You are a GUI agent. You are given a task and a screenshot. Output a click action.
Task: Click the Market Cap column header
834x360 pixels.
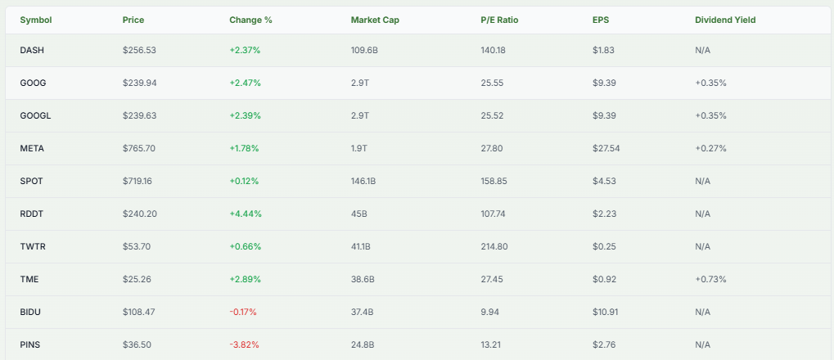point(375,20)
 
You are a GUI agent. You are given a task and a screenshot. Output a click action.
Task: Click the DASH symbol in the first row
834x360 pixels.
point(31,50)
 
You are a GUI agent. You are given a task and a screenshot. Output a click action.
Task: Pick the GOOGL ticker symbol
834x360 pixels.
point(35,115)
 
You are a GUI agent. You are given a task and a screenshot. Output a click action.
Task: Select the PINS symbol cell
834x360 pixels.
point(29,344)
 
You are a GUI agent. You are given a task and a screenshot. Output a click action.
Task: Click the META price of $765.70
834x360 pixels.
point(139,148)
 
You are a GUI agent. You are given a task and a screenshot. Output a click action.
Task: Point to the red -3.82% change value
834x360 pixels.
point(245,344)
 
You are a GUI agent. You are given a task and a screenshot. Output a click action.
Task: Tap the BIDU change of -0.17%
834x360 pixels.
point(245,312)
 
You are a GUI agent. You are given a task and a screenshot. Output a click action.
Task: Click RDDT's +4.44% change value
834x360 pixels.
point(246,214)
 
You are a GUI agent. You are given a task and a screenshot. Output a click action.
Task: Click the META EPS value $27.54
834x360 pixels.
point(607,148)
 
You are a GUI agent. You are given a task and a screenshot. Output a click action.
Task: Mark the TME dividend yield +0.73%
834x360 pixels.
point(710,279)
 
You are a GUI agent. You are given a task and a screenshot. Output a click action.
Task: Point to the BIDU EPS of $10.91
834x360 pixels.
point(606,312)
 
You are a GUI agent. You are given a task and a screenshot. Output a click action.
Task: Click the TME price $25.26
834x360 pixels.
point(137,279)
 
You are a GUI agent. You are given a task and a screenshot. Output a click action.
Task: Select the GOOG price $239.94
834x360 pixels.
point(139,83)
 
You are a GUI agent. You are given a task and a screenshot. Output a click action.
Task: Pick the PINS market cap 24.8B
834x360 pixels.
point(363,344)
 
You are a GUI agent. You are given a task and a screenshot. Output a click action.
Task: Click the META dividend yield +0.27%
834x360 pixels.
point(710,148)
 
